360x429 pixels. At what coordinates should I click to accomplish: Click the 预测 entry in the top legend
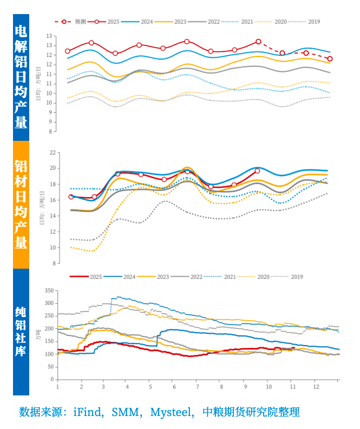pos(80,22)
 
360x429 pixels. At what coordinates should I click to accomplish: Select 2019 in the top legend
pos(314,22)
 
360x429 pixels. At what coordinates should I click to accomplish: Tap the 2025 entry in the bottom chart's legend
pos(95,276)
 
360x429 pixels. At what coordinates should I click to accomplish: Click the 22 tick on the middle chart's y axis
pos(53,153)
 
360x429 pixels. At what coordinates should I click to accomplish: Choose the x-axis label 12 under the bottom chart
pos(316,387)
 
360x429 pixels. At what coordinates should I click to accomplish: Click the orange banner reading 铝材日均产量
pos(21,205)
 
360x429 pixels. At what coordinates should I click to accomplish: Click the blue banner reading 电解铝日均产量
pos(21,77)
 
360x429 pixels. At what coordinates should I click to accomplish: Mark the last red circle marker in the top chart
pos(330,58)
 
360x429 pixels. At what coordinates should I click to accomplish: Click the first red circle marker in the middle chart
pos(71,197)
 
